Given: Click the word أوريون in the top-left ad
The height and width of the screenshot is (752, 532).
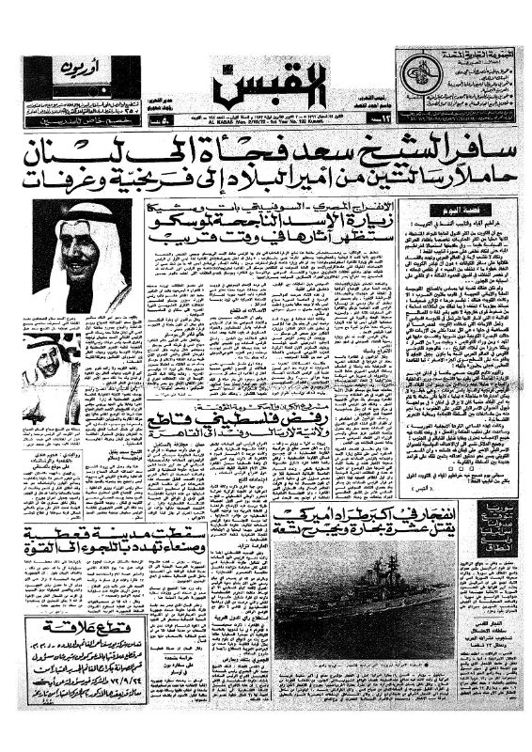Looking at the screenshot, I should pos(118,70).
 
